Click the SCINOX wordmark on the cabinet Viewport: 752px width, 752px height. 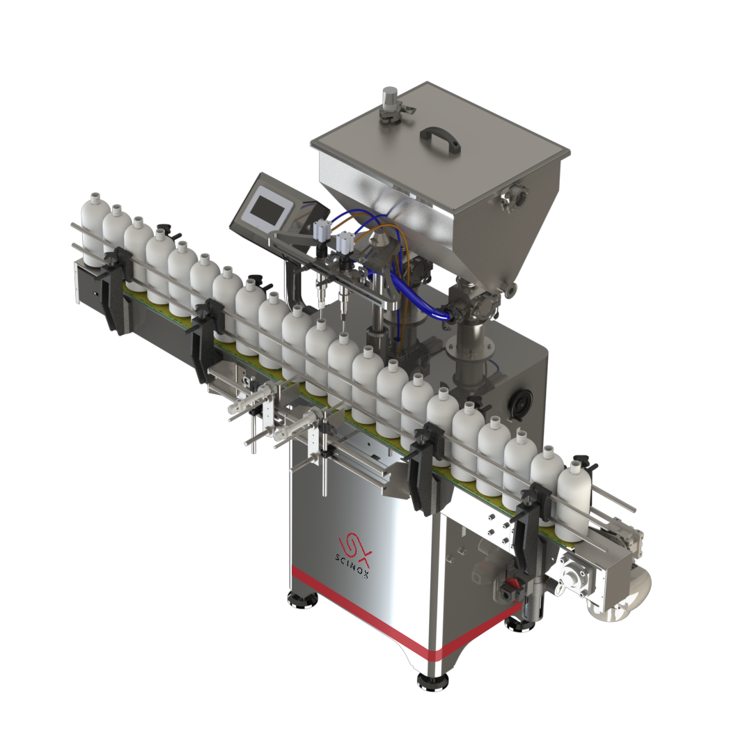(x=352, y=565)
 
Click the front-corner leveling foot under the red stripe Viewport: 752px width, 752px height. (x=433, y=680)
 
